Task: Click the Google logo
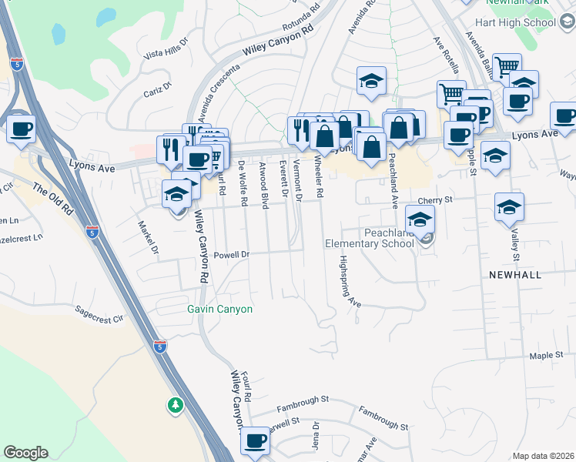(x=25, y=453)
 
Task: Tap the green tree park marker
(x=176, y=405)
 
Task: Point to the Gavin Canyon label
(x=219, y=309)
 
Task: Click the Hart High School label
(x=521, y=22)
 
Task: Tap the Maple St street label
(x=548, y=357)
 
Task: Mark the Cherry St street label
(x=434, y=199)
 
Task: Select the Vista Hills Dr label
(x=166, y=49)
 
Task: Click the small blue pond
(x=59, y=33)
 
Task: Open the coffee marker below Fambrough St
(x=255, y=441)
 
